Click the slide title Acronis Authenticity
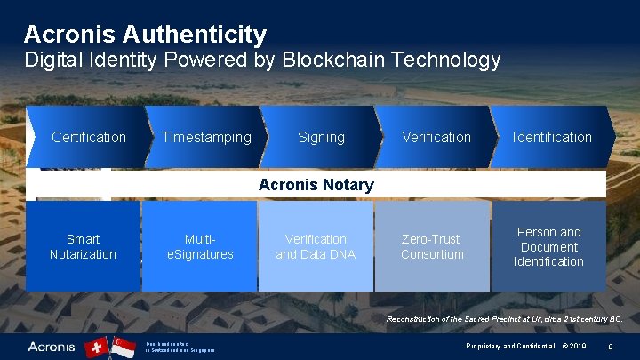[x=145, y=35]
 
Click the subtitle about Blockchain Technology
[x=262, y=60]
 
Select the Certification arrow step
[x=88, y=137]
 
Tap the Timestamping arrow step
[x=206, y=137]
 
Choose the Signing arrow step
[x=321, y=137]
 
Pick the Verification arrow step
[x=436, y=137]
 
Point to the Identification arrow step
[x=551, y=137]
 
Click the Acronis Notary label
[x=316, y=185]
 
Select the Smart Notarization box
[x=83, y=246]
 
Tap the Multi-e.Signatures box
[x=200, y=246]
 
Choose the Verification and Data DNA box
[x=316, y=246]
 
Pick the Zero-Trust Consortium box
[x=432, y=246]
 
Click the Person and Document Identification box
[x=548, y=246]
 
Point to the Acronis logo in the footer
[x=52, y=347]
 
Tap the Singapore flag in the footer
[x=123, y=347]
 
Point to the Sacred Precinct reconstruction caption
[x=504, y=318]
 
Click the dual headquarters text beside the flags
[x=181, y=347]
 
